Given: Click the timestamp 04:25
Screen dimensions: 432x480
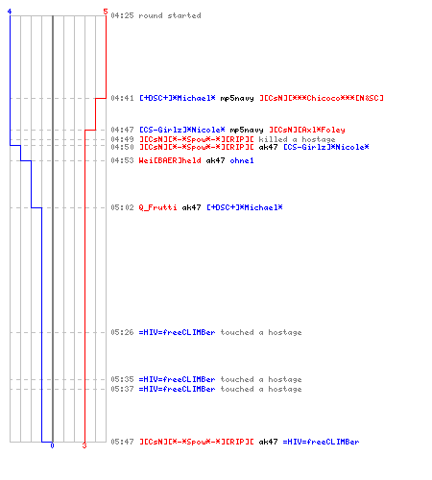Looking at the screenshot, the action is click(x=122, y=15).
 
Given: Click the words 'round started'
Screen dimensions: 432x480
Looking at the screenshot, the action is click(x=170, y=15).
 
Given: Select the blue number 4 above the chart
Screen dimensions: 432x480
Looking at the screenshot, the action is click(x=10, y=12).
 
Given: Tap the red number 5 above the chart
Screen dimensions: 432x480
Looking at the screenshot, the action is click(x=106, y=12).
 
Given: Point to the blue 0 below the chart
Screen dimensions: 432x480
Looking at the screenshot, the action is click(x=52, y=445).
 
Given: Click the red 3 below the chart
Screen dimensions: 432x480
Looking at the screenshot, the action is click(x=84, y=445).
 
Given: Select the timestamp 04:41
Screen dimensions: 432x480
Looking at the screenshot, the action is click(x=122, y=98).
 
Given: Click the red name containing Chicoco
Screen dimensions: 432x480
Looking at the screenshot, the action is click(x=322, y=98).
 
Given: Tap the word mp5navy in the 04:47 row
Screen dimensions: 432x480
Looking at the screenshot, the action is click(x=247, y=130).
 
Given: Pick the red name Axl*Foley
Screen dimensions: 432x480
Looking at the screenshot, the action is click(x=307, y=130).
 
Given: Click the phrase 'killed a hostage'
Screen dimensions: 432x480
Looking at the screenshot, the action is click(x=297, y=139).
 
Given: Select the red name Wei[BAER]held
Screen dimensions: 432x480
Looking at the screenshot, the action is click(x=170, y=160).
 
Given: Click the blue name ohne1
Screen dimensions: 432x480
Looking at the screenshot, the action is click(x=242, y=160).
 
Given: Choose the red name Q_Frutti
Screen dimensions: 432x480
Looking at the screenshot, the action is click(x=157, y=207).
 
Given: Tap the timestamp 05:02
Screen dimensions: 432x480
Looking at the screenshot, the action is click(x=122, y=207).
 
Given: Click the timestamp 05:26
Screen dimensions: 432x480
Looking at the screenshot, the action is click(x=122, y=332).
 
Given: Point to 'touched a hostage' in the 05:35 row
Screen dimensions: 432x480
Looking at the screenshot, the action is click(x=261, y=379).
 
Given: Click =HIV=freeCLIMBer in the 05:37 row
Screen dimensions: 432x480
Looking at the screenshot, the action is click(x=177, y=389).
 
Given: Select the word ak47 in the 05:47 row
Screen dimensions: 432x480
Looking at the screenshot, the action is click(x=268, y=442).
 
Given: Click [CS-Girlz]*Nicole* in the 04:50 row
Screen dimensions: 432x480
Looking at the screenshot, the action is click(x=326, y=147).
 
